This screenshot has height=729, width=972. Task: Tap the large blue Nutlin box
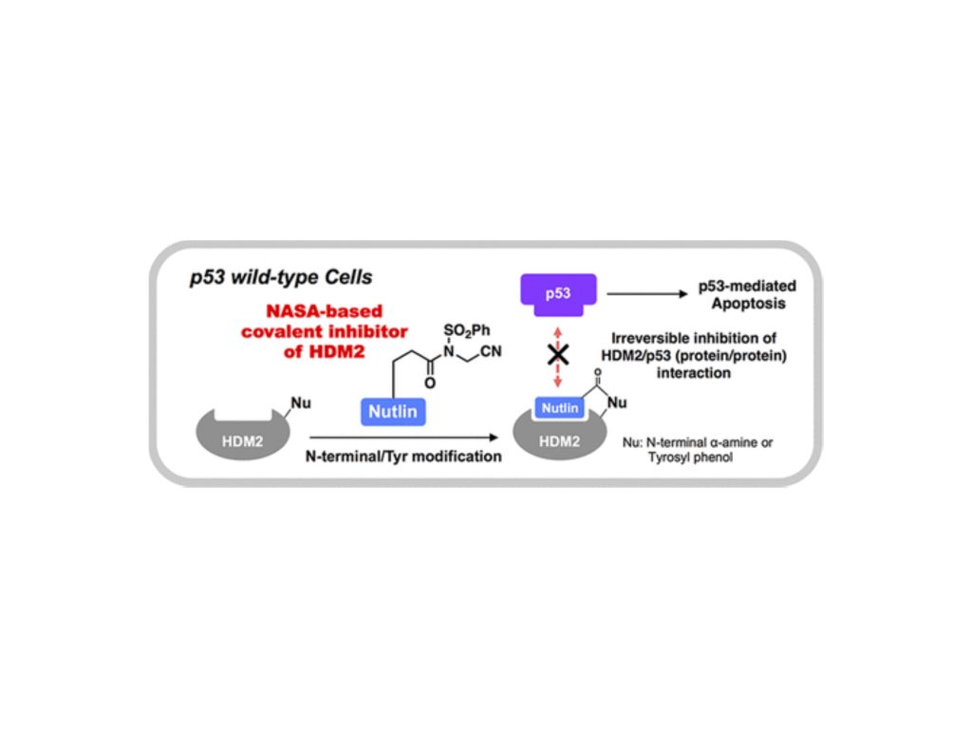click(393, 412)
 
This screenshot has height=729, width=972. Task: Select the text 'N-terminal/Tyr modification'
click(403, 457)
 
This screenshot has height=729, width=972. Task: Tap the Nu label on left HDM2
click(300, 402)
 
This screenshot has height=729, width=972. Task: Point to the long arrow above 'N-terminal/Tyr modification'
click(402, 438)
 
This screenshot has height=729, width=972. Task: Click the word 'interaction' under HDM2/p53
click(693, 374)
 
